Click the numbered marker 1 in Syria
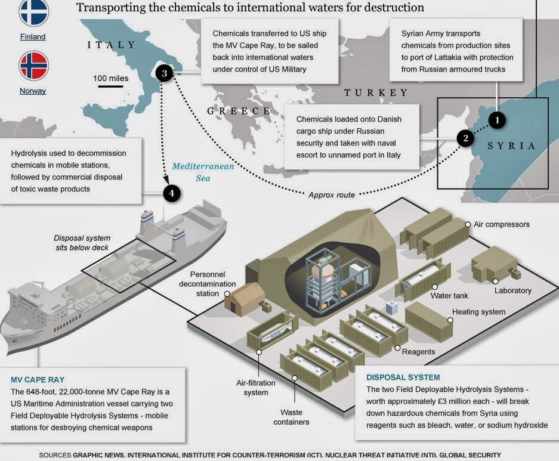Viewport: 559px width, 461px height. [x=496, y=120]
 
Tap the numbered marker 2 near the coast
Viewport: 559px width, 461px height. [x=465, y=138]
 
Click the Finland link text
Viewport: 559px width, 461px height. [x=32, y=37]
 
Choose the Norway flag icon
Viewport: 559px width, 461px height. [x=33, y=66]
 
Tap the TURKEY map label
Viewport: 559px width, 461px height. [x=376, y=93]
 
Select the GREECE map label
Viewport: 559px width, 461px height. [x=238, y=111]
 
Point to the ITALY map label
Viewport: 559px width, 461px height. [x=111, y=45]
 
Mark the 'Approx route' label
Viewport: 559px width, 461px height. [x=332, y=195]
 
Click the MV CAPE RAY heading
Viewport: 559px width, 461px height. [x=38, y=380]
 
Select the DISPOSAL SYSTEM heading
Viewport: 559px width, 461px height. [x=403, y=378]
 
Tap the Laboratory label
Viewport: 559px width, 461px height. [x=512, y=290]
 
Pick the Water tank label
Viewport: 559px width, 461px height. [x=449, y=295]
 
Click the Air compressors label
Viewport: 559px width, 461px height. [x=501, y=225]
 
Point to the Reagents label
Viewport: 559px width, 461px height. [x=418, y=351]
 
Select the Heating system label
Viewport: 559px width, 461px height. [x=478, y=312]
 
